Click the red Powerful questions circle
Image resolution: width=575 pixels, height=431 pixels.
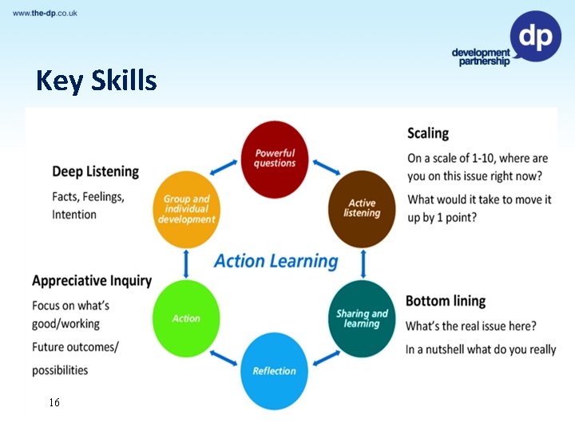[x=274, y=158]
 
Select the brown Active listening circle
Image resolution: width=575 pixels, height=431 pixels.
[x=362, y=208]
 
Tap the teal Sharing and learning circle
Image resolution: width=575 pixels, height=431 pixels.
[x=362, y=318]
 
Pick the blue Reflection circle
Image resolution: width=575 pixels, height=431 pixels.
[x=274, y=370]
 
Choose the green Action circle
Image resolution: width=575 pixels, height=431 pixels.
[x=186, y=318]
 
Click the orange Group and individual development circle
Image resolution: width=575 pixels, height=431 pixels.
[x=186, y=208]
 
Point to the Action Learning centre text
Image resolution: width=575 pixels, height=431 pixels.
[x=276, y=261]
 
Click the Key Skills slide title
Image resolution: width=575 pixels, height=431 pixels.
[x=96, y=81]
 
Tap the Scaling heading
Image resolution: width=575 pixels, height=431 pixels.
[x=428, y=133]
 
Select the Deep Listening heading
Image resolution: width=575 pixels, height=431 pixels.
[x=95, y=172]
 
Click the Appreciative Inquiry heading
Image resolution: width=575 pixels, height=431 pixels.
[x=92, y=280]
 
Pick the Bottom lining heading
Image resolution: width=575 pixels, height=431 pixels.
[x=446, y=301]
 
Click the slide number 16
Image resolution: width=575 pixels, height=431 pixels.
[x=54, y=402]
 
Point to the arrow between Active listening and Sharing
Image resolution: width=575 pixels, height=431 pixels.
[x=363, y=262]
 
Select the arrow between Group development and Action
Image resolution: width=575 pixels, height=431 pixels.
[x=186, y=262]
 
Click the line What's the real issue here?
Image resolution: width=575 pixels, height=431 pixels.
[x=471, y=326]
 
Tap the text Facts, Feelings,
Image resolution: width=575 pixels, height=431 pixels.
[x=88, y=196]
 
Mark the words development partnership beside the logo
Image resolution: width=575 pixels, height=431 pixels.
[x=480, y=57]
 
